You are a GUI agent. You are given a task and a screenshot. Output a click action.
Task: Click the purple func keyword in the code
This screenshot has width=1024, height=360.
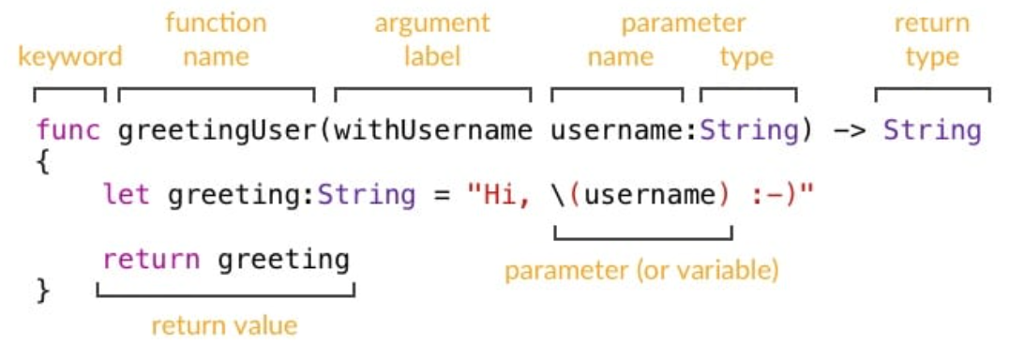coord(68,130)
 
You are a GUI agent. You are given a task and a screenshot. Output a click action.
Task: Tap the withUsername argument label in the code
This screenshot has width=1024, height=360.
coord(433,130)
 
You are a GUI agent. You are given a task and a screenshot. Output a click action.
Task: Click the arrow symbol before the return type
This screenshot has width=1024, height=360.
coord(850,131)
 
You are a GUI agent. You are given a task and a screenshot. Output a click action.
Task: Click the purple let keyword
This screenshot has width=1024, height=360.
coord(127,195)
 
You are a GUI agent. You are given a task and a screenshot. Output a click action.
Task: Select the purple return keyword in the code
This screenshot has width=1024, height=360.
coord(152,260)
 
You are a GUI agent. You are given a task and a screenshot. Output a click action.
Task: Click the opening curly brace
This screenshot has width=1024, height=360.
coord(43,163)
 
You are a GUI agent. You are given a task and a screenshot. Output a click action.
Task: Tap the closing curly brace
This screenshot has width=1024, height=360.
coord(43,292)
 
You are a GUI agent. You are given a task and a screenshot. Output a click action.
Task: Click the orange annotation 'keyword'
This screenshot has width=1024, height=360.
coord(70,57)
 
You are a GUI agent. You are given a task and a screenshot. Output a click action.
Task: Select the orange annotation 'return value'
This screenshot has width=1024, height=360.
coord(225,325)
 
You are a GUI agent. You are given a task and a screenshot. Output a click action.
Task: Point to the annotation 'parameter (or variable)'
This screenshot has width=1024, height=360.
coord(642,271)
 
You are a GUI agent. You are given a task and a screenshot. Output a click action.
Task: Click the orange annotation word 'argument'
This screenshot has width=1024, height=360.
coord(432,24)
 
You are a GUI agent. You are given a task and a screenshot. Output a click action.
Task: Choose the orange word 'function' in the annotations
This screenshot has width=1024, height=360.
coord(217,22)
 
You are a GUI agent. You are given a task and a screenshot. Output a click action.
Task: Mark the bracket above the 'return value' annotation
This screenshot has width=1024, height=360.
coord(225,295)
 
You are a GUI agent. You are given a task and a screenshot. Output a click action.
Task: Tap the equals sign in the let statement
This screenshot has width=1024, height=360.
coord(441,195)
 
